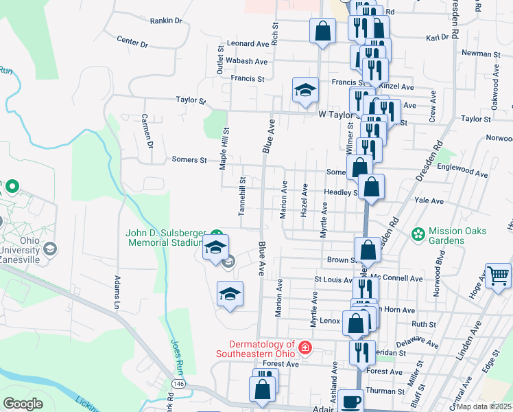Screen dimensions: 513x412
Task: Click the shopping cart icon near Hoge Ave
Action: pyautogui.click(x=498, y=276)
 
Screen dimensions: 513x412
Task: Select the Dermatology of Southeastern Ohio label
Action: pyautogui.click(x=255, y=349)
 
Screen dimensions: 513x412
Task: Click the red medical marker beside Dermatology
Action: pyautogui.click(x=305, y=349)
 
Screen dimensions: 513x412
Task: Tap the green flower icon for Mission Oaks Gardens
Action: pyautogui.click(x=418, y=235)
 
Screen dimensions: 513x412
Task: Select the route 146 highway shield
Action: pyautogui.click(x=178, y=382)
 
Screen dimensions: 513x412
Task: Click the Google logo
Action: pyautogui.click(x=23, y=404)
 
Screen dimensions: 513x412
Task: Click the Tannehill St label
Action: pyautogui.click(x=241, y=196)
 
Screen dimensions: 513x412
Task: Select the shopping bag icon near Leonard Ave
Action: pyautogui.click(x=322, y=32)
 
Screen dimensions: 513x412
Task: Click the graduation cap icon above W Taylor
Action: pyautogui.click(x=305, y=90)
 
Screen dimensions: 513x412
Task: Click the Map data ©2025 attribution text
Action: pyautogui.click(x=484, y=406)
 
